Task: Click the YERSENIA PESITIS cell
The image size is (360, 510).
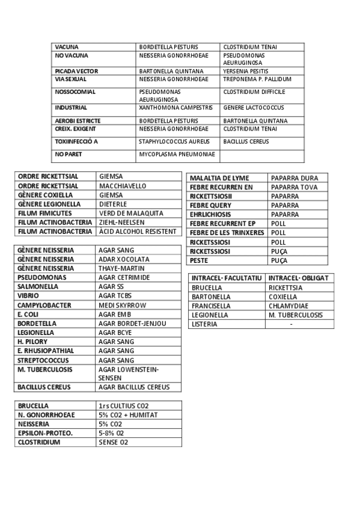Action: pos(246,71)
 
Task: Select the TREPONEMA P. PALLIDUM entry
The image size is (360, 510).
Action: pos(257,79)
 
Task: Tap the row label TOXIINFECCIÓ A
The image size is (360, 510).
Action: pos(76,141)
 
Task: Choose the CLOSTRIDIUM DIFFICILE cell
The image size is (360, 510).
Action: pos(254,92)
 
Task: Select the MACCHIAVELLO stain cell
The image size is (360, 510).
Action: pos(123,186)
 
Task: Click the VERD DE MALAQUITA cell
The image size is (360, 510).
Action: pos(131,213)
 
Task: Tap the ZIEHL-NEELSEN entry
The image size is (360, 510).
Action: pos(121,222)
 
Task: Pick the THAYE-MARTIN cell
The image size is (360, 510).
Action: pos(120,268)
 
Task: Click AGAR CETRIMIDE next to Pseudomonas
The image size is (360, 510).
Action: pos(124,277)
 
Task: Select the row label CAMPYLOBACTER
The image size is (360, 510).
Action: pos(44,305)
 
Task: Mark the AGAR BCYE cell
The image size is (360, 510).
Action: pos(115,332)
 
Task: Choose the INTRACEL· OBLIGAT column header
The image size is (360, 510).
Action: pos(298,278)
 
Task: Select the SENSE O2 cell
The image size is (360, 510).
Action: pos(114,442)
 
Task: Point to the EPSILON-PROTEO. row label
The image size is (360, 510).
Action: pos(45,433)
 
